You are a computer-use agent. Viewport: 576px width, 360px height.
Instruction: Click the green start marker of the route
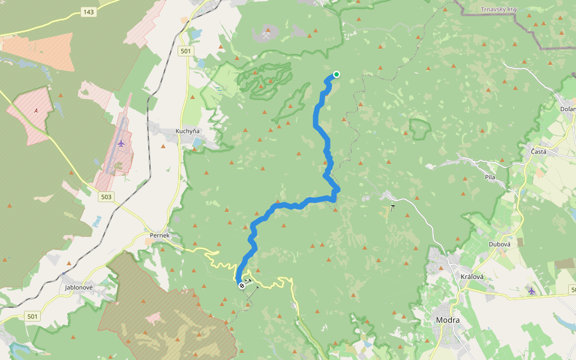click(x=337, y=74)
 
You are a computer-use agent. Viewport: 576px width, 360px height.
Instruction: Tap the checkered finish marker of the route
click(x=242, y=286)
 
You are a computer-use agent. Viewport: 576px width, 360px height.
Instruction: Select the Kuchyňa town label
click(x=187, y=131)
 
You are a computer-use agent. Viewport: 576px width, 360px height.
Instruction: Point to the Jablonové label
click(x=78, y=287)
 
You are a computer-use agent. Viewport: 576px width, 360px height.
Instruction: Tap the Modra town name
click(x=448, y=320)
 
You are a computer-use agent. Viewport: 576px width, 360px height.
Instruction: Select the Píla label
click(x=490, y=177)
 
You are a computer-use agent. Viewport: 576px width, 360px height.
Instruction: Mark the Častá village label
click(x=538, y=152)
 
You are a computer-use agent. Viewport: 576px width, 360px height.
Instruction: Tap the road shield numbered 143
click(x=88, y=12)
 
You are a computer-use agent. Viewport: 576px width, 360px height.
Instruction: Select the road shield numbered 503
click(x=107, y=197)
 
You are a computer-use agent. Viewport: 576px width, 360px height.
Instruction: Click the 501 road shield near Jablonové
click(x=32, y=316)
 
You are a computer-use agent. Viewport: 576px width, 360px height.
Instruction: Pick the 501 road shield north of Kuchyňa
click(x=185, y=51)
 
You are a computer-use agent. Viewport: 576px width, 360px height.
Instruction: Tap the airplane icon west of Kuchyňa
click(x=122, y=143)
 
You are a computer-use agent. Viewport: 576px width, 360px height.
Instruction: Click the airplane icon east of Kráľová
click(x=531, y=291)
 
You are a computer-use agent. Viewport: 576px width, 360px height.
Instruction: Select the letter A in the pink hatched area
click(x=36, y=110)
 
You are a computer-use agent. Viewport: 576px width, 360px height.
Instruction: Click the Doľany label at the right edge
click(x=568, y=109)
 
